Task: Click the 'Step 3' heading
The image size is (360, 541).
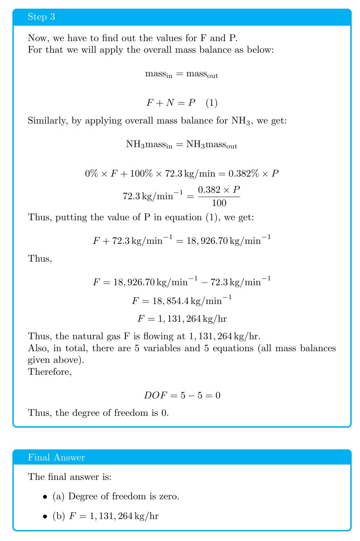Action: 41,17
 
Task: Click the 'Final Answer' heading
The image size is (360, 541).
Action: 56,457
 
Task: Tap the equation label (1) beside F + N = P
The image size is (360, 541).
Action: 212,103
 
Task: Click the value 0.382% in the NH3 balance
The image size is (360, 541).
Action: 244,174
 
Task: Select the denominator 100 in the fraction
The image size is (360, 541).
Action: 219,203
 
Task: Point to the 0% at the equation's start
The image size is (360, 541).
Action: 92,174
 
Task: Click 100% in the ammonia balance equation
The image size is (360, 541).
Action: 141,174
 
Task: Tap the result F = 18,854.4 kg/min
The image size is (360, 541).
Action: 181,301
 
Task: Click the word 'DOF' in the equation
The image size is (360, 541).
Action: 156,395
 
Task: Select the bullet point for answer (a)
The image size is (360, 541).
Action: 45,497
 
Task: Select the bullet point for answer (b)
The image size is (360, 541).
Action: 45,516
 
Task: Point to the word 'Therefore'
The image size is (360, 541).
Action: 49,372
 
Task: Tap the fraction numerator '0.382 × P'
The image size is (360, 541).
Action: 219,190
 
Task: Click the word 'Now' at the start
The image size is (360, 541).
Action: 38,38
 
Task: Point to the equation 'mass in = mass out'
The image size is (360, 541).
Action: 181,74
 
